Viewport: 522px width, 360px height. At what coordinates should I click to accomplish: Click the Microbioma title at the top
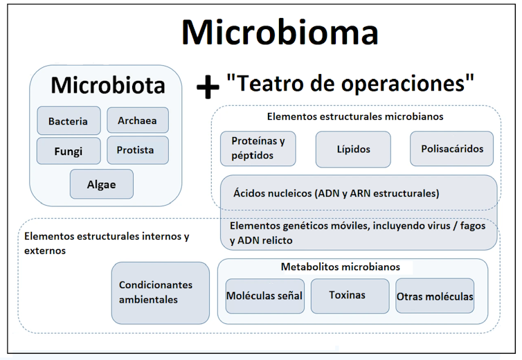[280, 32]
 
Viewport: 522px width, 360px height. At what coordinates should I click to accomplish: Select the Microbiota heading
[108, 85]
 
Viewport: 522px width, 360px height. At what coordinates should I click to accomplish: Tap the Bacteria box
[69, 121]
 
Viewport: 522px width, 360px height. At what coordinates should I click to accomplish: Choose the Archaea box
[137, 120]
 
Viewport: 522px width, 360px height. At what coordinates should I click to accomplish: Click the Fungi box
[69, 151]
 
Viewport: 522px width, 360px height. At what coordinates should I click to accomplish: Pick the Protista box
[136, 150]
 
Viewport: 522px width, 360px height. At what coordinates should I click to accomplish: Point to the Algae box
[101, 184]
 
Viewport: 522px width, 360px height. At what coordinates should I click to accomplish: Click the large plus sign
[207, 86]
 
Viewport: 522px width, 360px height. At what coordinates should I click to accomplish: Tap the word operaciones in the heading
[407, 83]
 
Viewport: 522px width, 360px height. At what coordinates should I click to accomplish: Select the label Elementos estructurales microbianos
[355, 116]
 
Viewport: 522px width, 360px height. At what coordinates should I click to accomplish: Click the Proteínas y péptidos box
[258, 149]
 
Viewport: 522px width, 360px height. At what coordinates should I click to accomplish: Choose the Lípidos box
[353, 149]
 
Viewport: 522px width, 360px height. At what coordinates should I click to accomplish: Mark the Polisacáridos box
[447, 149]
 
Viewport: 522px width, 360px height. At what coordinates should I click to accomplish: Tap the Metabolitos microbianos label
[341, 267]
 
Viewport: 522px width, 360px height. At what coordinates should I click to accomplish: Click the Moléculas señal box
[264, 296]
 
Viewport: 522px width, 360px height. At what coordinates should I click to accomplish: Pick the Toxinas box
[348, 295]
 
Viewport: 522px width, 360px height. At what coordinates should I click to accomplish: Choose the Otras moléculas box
[435, 296]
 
